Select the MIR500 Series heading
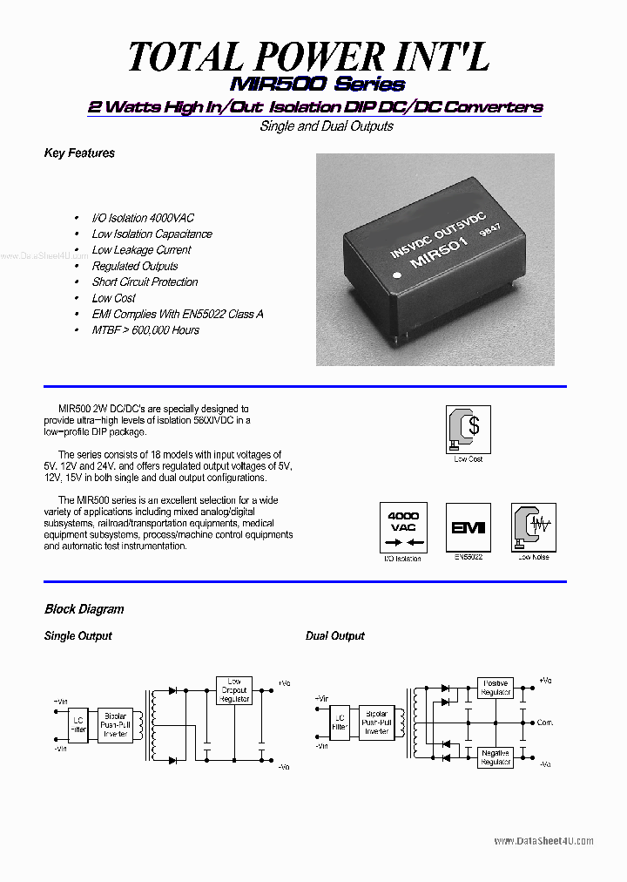(x=317, y=85)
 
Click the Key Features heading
(x=79, y=153)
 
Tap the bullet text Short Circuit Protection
(x=145, y=282)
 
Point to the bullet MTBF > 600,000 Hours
(x=145, y=330)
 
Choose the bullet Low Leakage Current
(x=141, y=250)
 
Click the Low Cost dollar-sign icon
(x=469, y=429)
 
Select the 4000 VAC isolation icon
(x=402, y=527)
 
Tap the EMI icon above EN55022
(x=468, y=527)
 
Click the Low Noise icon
(x=533, y=527)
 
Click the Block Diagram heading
(x=84, y=609)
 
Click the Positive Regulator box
(x=495, y=688)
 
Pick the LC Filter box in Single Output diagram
(x=79, y=724)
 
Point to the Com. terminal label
(x=545, y=723)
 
